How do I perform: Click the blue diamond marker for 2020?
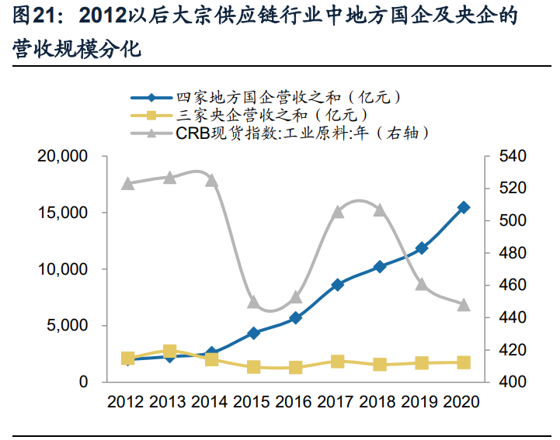coord(464,207)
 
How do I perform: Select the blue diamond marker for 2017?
coord(338,285)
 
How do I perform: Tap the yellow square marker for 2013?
coord(170,352)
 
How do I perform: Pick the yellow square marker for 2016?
coord(296,367)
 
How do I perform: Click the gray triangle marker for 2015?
coord(254,302)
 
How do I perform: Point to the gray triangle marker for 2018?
coord(380,210)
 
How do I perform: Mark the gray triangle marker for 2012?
coord(128,184)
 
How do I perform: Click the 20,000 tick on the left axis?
coord(63,157)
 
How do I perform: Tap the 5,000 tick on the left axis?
coord(67,326)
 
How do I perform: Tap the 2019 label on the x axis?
coord(422,402)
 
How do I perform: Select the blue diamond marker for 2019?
coord(422,248)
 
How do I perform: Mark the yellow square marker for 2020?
coord(464,362)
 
